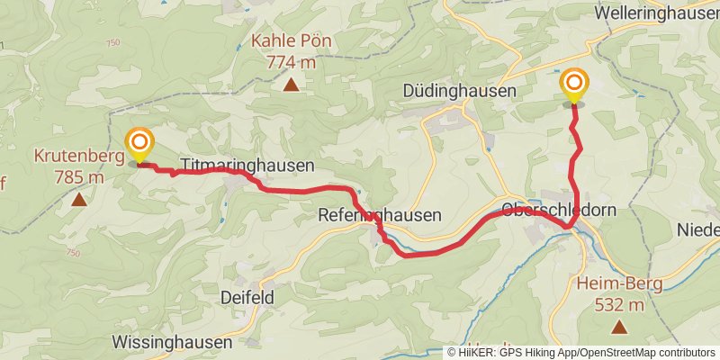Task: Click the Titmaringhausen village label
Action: (247, 166)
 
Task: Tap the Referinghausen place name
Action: (380, 216)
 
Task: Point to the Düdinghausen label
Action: (459, 91)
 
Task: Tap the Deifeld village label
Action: (247, 297)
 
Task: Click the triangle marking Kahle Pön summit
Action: (291, 85)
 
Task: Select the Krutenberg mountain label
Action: (78, 156)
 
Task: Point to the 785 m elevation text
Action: (79, 176)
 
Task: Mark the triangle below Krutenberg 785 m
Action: (79, 200)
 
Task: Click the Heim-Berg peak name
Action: (618, 284)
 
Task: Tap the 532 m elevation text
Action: (619, 305)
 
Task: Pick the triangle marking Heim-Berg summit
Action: (618, 328)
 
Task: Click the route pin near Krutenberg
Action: (139, 144)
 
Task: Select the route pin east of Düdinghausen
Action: (574, 85)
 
